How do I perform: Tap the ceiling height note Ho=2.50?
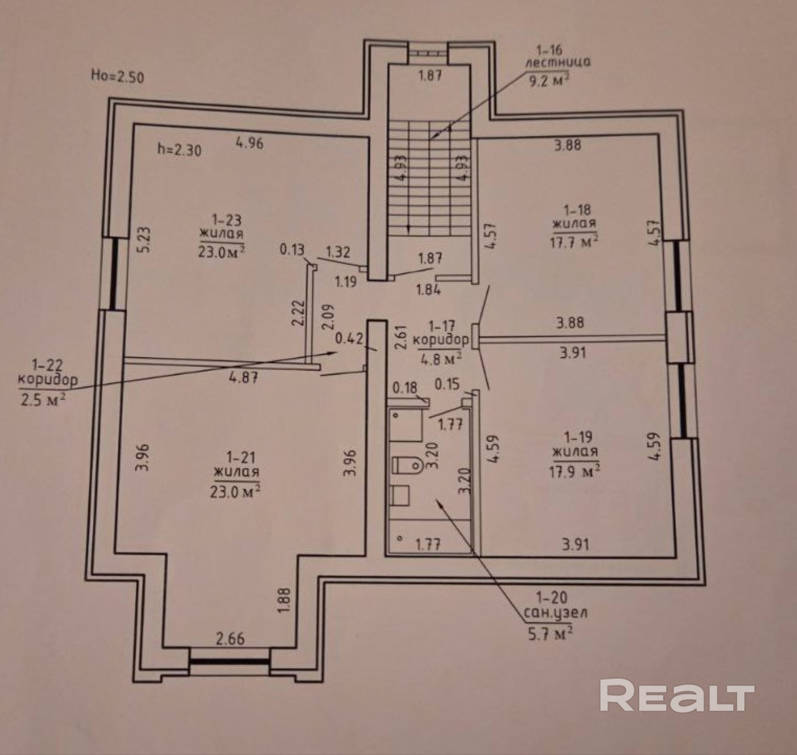click(117, 76)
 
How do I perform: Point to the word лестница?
click(558, 63)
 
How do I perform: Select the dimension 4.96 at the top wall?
click(250, 143)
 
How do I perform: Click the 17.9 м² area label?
click(575, 471)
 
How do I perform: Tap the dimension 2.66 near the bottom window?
click(230, 639)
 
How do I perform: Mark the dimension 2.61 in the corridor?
click(399, 337)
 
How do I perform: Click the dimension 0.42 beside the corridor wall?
click(349, 338)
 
